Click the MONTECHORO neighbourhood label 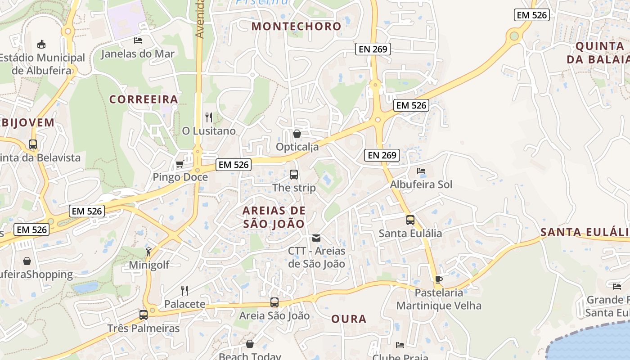(297, 26)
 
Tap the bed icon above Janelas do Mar (138, 40)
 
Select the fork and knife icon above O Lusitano (209, 117)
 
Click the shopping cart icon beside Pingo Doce (180, 164)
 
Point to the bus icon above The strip (294, 175)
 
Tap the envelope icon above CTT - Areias (316, 238)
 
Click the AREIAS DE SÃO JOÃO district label (274, 217)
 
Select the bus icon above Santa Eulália (410, 220)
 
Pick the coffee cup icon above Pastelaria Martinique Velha (439, 279)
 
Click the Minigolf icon (148, 252)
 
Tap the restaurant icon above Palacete (184, 290)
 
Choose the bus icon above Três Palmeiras (144, 315)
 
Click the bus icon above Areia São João (274, 302)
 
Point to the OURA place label (349, 319)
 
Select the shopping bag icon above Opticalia (297, 134)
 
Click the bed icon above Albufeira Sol (421, 171)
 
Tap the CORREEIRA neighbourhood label (144, 99)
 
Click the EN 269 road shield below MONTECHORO (373, 49)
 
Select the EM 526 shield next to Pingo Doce (233, 165)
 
